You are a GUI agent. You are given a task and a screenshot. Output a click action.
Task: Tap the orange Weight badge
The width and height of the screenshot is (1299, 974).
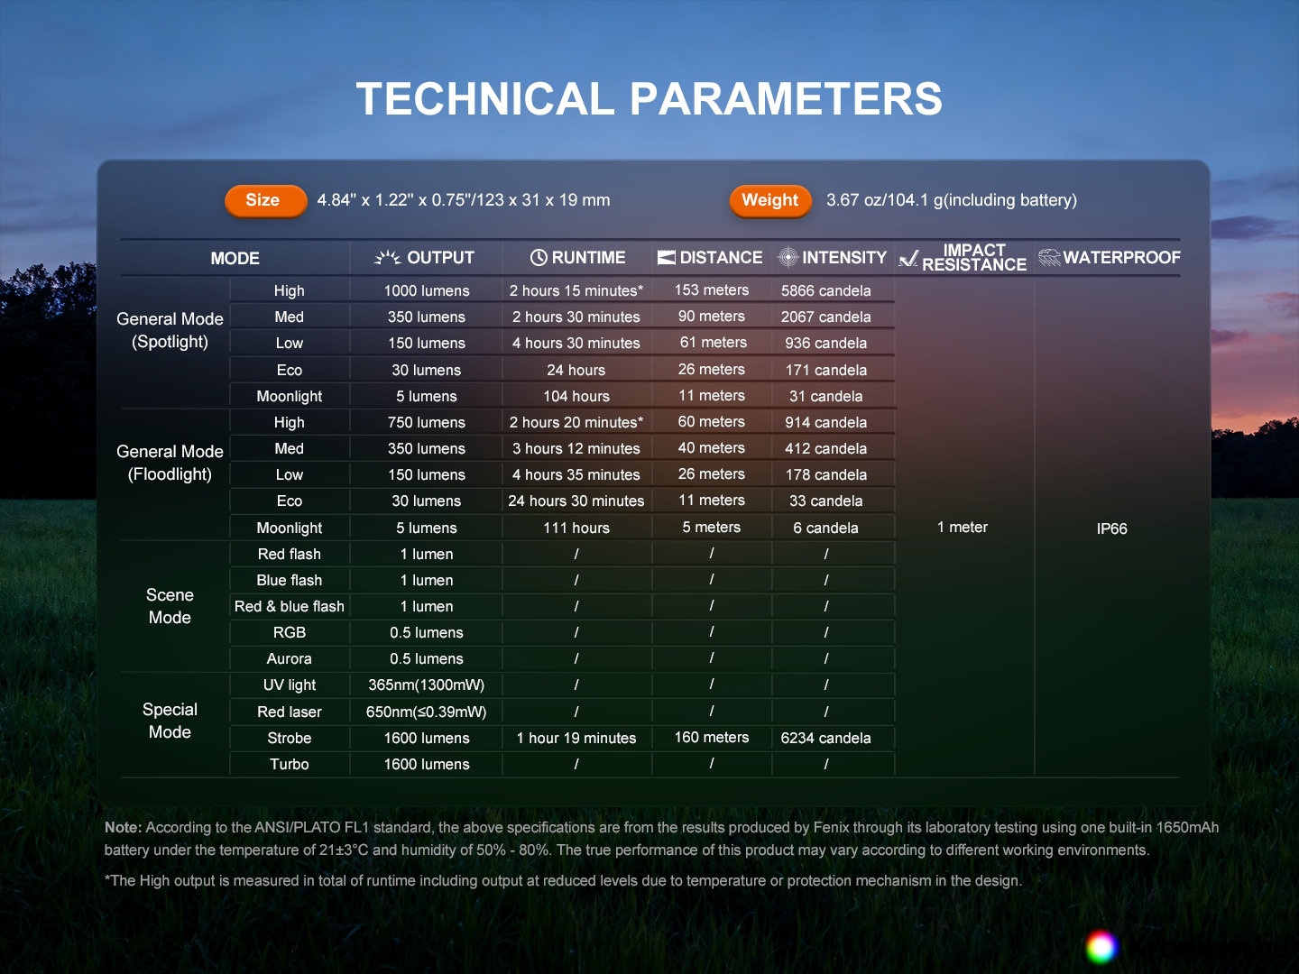tap(770, 200)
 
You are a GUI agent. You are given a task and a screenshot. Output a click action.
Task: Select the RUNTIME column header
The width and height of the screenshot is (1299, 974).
tap(577, 258)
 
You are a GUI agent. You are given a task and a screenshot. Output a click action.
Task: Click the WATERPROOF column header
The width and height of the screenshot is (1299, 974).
tap(1109, 257)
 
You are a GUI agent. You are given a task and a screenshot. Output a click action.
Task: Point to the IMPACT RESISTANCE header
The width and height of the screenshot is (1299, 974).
tap(963, 258)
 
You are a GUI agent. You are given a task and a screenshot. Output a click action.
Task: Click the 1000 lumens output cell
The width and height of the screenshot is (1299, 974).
tap(427, 291)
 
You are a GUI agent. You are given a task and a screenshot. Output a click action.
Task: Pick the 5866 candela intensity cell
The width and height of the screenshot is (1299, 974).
tap(825, 291)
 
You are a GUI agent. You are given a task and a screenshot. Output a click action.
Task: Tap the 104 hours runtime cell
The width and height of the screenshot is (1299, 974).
tap(576, 396)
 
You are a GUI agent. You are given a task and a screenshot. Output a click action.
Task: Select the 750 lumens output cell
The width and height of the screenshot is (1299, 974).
tap(427, 422)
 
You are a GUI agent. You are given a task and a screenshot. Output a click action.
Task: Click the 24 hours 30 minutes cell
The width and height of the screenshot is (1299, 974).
tap(576, 501)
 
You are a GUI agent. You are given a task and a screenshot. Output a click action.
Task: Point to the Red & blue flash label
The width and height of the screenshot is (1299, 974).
tap(290, 606)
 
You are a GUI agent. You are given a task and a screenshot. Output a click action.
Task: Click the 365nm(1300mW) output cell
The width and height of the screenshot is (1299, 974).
tap(426, 685)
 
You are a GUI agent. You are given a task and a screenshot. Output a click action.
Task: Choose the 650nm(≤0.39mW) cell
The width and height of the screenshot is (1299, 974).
tap(426, 712)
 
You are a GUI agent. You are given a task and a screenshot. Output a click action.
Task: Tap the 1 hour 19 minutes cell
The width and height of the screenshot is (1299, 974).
tap(576, 738)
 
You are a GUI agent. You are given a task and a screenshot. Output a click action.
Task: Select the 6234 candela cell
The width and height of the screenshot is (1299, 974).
tap(825, 738)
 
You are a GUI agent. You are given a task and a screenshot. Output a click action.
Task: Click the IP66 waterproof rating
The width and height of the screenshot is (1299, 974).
tap(1111, 528)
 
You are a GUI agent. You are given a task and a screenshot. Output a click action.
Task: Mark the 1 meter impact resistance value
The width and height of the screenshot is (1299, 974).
tap(963, 527)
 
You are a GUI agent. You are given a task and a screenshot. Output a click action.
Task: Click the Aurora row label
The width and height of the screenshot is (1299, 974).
tap(289, 658)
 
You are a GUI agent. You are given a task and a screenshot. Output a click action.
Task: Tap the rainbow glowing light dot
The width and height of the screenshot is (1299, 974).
tap(1101, 947)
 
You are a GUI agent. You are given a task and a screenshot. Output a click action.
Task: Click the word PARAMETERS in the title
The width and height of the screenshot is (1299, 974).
tap(786, 99)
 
